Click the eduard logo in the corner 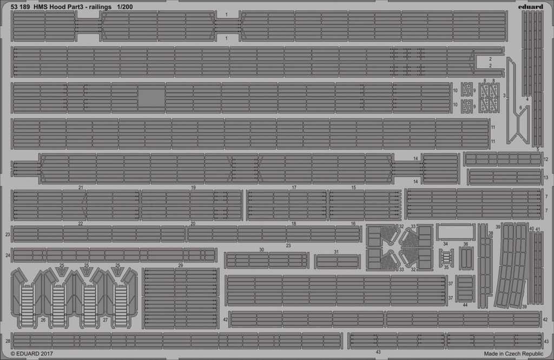[531, 6]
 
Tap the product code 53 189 [21, 6]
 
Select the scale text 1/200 [124, 6]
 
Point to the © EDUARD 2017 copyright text [32, 354]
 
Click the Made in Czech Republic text [513, 354]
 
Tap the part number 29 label [181, 265]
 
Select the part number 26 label [43, 320]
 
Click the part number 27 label [105, 320]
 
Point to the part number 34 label [446, 244]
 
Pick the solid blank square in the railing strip [151, 97]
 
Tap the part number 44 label [465, 305]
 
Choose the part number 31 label [337, 252]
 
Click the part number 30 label [261, 250]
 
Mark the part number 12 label [546, 159]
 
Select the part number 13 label [546, 177]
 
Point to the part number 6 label [520, 108]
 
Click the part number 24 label [8, 255]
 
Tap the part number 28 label [8, 341]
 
